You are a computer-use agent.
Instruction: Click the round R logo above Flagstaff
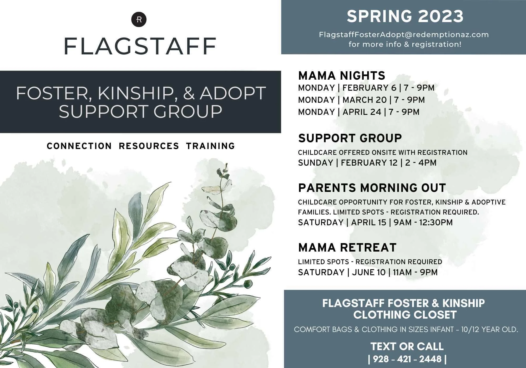(x=139, y=19)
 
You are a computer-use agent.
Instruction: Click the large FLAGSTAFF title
(x=140, y=46)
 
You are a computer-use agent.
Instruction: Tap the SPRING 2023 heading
(x=405, y=16)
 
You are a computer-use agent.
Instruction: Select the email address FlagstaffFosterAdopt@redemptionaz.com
(x=404, y=35)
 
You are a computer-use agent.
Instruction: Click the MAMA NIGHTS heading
(x=342, y=76)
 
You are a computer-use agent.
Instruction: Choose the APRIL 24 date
(x=362, y=112)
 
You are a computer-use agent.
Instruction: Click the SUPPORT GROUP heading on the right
(x=350, y=138)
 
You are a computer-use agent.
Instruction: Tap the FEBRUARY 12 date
(x=369, y=163)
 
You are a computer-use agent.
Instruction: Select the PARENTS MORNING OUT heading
(x=372, y=188)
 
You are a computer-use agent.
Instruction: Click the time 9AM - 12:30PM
(x=423, y=222)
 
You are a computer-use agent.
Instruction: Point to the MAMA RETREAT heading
(x=347, y=248)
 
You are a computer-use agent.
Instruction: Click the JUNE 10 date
(x=369, y=272)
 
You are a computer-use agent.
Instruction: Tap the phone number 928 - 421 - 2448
(x=407, y=359)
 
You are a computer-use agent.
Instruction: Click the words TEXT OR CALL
(x=407, y=346)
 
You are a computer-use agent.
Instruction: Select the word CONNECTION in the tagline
(x=79, y=146)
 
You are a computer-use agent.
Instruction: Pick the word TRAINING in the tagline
(x=210, y=146)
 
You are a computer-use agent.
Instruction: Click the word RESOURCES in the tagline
(x=149, y=146)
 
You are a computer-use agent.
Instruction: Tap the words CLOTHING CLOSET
(x=405, y=315)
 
